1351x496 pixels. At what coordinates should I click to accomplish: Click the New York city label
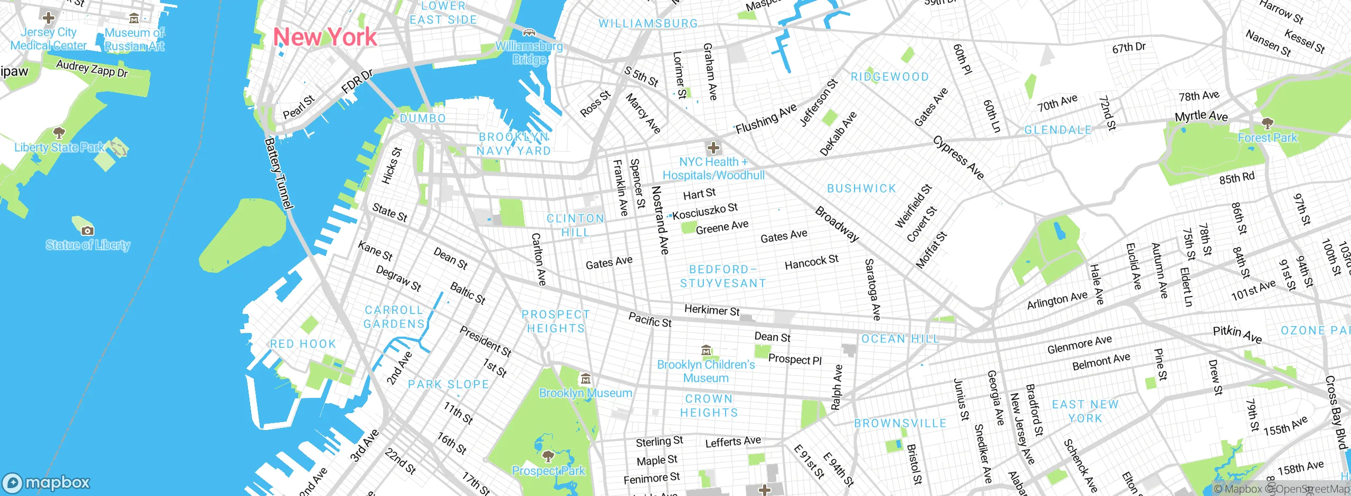tap(325, 37)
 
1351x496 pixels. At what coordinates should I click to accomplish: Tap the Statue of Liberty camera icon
tap(88, 231)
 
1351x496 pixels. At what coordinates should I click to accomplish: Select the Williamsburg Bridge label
tap(529, 53)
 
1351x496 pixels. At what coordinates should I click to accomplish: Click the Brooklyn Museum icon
tap(585, 379)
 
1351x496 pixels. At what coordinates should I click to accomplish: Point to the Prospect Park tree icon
tap(548, 456)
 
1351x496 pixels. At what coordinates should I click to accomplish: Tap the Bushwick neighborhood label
tap(861, 188)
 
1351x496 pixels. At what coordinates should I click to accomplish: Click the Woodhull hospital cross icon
tap(713, 147)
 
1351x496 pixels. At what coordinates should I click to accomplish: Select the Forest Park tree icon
tap(1267, 124)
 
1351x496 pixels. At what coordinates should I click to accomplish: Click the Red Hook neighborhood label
tap(303, 344)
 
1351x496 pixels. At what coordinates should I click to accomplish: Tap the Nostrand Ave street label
tap(660, 220)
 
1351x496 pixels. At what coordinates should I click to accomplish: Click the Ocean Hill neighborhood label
tap(900, 339)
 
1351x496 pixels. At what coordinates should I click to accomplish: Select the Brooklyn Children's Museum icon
tap(706, 350)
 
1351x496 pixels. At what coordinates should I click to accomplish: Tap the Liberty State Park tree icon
tap(59, 132)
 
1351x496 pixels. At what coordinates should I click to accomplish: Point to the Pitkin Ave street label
tap(1237, 334)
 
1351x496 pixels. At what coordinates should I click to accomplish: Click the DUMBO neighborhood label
tap(423, 119)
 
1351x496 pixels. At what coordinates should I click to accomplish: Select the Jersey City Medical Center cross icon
tap(49, 18)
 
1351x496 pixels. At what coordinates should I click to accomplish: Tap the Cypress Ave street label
tap(958, 157)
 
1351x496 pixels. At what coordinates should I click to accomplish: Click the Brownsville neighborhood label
tap(900, 423)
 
